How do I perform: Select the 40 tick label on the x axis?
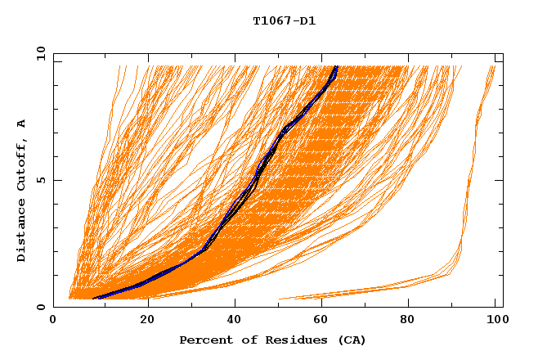tap(235, 320)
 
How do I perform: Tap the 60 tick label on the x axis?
tap(324, 320)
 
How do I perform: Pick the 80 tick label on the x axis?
tap(412, 320)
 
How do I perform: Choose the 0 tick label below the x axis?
tap(54, 320)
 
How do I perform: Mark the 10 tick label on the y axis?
tap(41, 53)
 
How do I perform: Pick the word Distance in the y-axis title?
tap(22, 231)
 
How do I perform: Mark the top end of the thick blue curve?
tap(336, 66)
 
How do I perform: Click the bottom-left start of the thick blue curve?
tap(95, 299)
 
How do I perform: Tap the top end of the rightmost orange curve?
tap(494, 66)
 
